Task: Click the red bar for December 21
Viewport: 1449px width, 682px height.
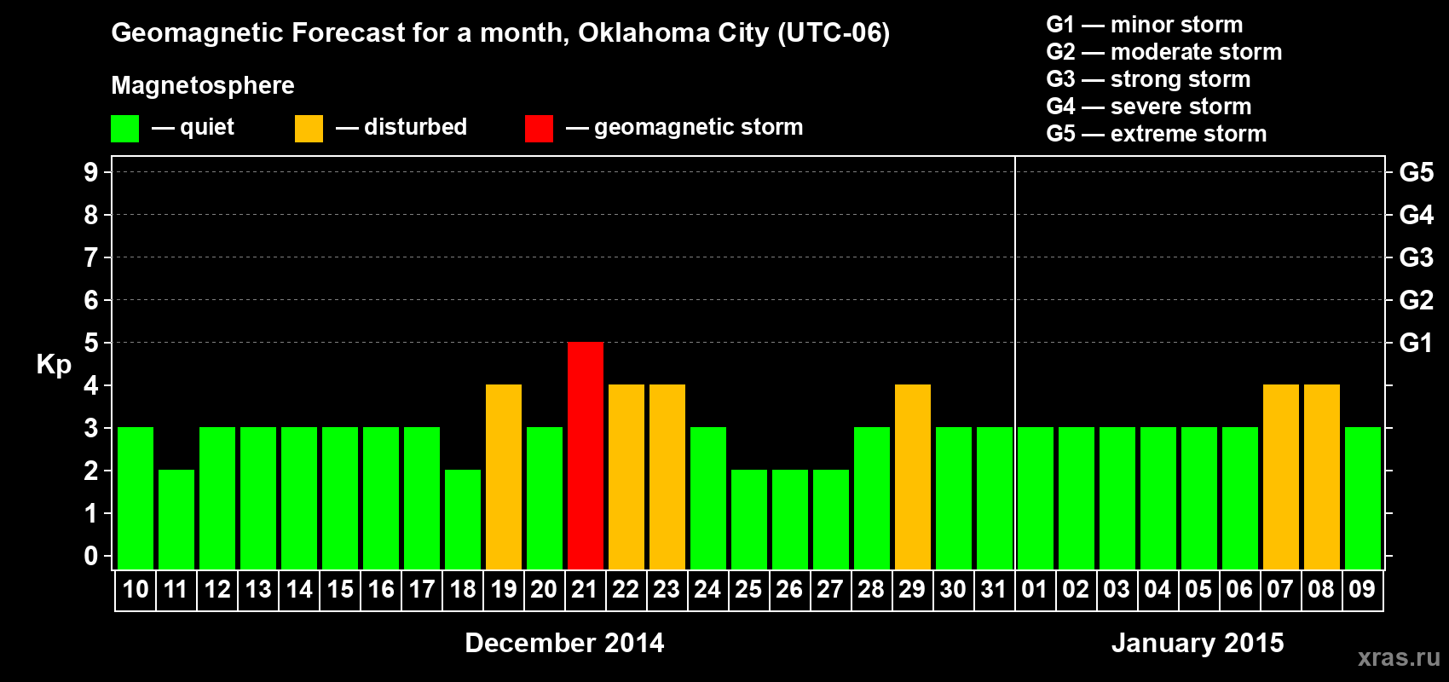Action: point(586,455)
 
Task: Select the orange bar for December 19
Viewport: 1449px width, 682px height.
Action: point(504,477)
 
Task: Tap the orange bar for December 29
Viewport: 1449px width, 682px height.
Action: point(913,477)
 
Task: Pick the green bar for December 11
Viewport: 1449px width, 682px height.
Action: point(176,519)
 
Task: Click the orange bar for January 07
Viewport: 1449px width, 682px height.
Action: point(1281,477)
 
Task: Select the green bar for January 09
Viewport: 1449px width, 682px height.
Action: point(1363,498)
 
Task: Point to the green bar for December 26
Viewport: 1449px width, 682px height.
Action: point(790,519)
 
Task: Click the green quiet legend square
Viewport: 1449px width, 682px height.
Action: point(124,129)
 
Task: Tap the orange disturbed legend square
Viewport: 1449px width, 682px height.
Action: point(309,129)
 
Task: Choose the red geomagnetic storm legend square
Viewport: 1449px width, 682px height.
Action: point(539,129)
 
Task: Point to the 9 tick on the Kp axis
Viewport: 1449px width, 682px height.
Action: point(91,172)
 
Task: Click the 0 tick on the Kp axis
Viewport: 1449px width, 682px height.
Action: point(91,557)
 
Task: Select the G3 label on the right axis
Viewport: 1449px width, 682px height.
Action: point(1416,257)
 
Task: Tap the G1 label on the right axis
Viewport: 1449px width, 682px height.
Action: point(1416,343)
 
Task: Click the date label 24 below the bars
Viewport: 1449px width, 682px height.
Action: point(707,590)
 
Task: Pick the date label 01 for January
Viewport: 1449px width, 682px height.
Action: point(1035,590)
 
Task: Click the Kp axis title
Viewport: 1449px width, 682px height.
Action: point(54,365)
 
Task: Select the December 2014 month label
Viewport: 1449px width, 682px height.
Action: point(564,643)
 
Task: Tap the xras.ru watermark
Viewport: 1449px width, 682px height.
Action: point(1399,657)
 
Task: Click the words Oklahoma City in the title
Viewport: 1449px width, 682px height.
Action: point(673,33)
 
